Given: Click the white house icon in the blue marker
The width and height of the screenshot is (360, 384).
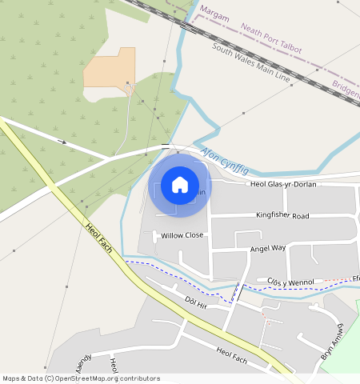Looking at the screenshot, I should click(180, 185).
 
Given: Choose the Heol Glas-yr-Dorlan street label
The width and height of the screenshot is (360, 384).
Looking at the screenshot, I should click(283, 184).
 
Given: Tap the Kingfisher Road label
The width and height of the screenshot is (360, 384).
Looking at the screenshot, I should click(282, 216).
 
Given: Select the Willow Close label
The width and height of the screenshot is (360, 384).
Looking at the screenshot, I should click(182, 236).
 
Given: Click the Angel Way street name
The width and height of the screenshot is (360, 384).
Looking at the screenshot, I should click(267, 248).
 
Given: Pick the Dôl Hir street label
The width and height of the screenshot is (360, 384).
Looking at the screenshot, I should click(196, 302).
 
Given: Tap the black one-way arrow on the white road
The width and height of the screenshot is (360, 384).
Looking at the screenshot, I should click(62, 142).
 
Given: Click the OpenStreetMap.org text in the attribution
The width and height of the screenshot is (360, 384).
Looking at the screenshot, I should click(85, 378).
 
